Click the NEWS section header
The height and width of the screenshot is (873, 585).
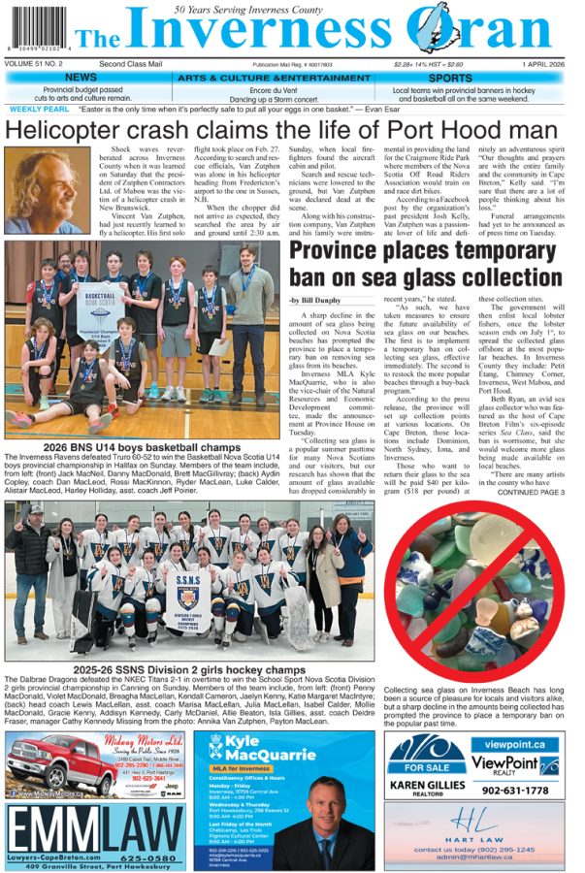81,78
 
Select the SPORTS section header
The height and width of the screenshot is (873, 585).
450,78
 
